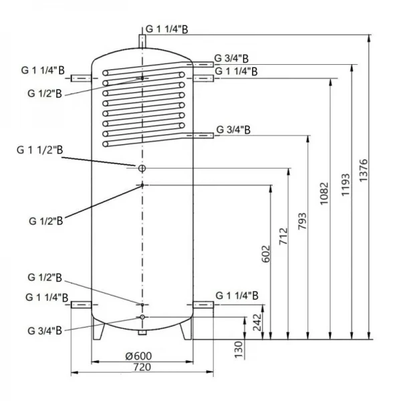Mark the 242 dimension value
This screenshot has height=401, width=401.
pyautogui.click(x=259, y=323)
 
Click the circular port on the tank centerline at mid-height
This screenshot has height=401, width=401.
pyautogui.click(x=142, y=166)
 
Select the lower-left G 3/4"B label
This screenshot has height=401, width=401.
pyautogui.click(x=45, y=329)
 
